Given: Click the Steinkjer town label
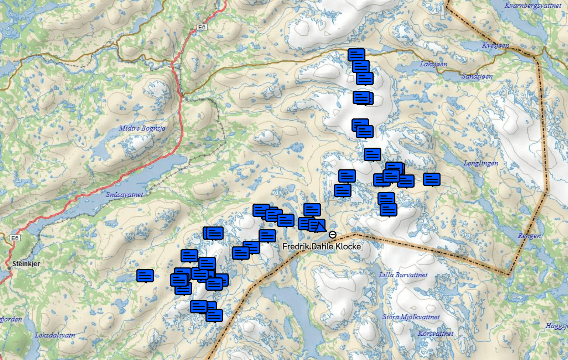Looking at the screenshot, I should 26,264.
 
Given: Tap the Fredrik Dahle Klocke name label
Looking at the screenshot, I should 321,246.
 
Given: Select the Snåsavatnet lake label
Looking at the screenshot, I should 124,194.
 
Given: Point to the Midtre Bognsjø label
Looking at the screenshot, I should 142,128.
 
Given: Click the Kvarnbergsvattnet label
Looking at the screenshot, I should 533,6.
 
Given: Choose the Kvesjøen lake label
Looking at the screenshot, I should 495,45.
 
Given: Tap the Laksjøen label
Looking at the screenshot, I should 433,64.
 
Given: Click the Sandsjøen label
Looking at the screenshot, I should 477,76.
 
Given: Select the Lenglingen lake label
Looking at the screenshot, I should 481,163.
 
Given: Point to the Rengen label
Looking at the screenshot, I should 529,236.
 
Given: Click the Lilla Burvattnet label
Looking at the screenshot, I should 403,275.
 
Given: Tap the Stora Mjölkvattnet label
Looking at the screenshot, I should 411,317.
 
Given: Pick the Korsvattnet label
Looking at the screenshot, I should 435,333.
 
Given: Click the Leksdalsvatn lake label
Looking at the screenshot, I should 55,335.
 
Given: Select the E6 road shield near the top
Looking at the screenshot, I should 202,27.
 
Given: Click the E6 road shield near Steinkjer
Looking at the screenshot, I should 15,238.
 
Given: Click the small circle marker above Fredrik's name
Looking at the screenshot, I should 332,235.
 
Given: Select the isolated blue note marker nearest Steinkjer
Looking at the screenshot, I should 145,275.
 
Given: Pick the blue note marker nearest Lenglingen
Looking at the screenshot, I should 432,179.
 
